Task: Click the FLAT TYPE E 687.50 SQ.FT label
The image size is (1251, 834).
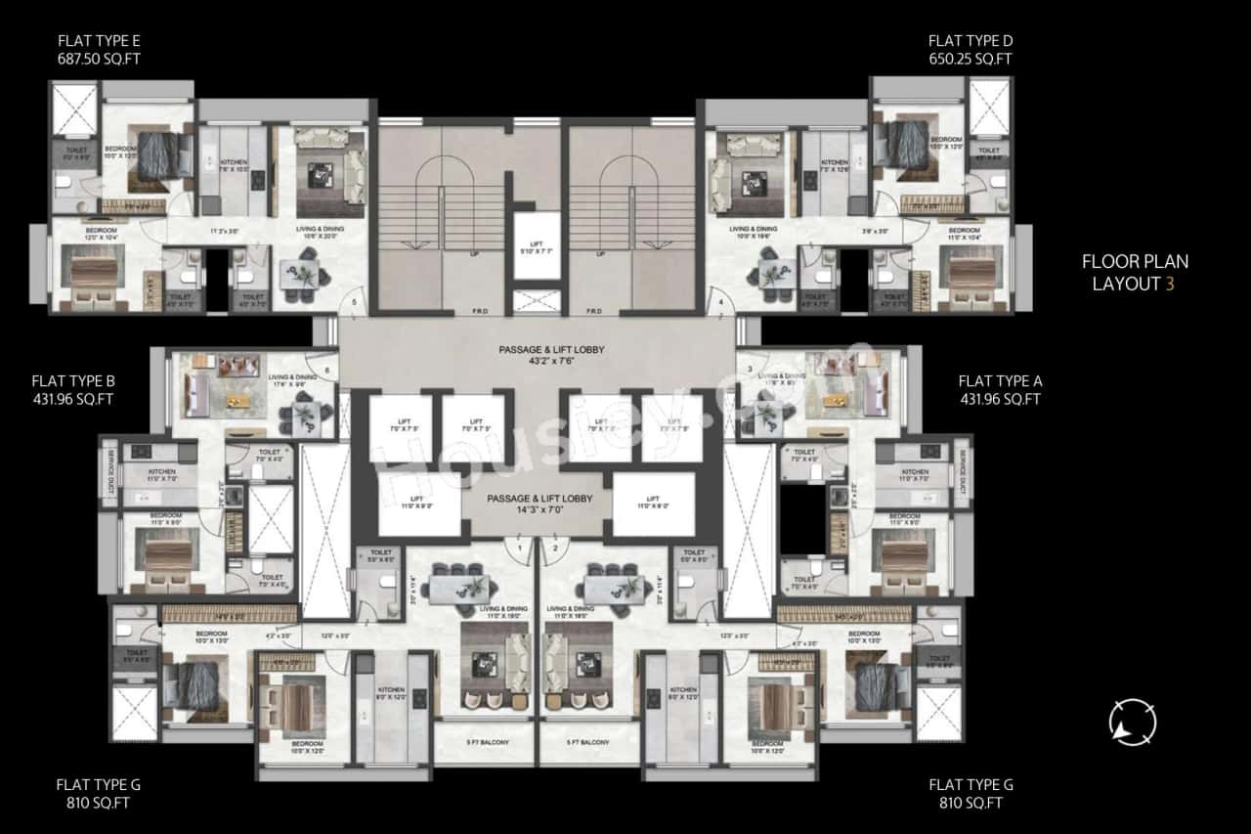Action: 99,50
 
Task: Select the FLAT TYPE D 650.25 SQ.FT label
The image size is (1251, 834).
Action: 970,50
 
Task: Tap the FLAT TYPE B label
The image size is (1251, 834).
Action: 73,389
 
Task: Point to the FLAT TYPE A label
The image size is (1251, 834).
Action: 1000,389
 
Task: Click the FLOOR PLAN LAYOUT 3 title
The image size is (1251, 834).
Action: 1134,273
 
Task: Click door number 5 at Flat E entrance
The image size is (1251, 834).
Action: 354,303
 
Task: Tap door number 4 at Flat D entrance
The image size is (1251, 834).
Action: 720,303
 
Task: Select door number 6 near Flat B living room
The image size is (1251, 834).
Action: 324,358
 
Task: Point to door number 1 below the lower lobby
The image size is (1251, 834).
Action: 520,549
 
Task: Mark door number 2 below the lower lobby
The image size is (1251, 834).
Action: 554,549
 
